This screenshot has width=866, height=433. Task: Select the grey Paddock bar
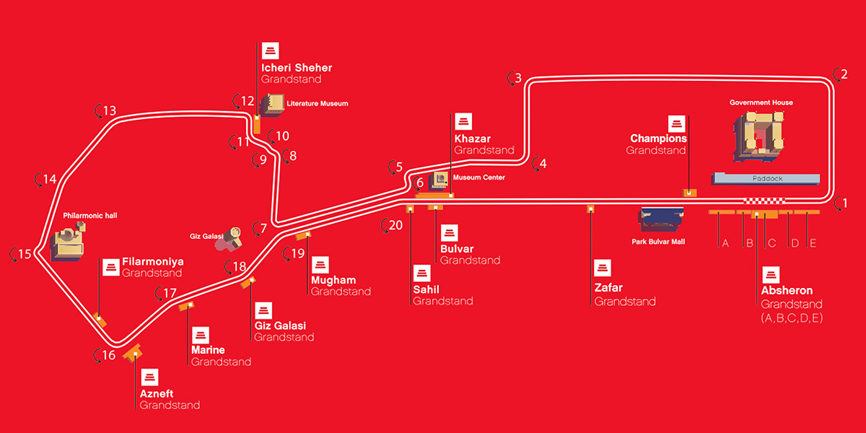766,178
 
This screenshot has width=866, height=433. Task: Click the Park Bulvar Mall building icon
661,219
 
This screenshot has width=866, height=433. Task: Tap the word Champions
658,139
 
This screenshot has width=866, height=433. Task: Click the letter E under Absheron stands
813,243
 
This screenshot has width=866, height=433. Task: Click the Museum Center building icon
439,179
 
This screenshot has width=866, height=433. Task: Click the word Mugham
333,280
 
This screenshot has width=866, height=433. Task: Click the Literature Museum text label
317,104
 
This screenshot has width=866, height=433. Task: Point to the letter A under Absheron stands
725,243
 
